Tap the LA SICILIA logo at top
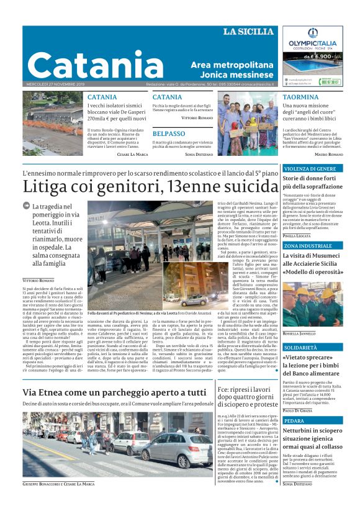pos(248,32)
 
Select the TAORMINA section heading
pos(300,97)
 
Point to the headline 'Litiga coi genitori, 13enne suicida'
pos(145,186)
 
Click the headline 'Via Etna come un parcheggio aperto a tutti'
pos(114,392)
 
